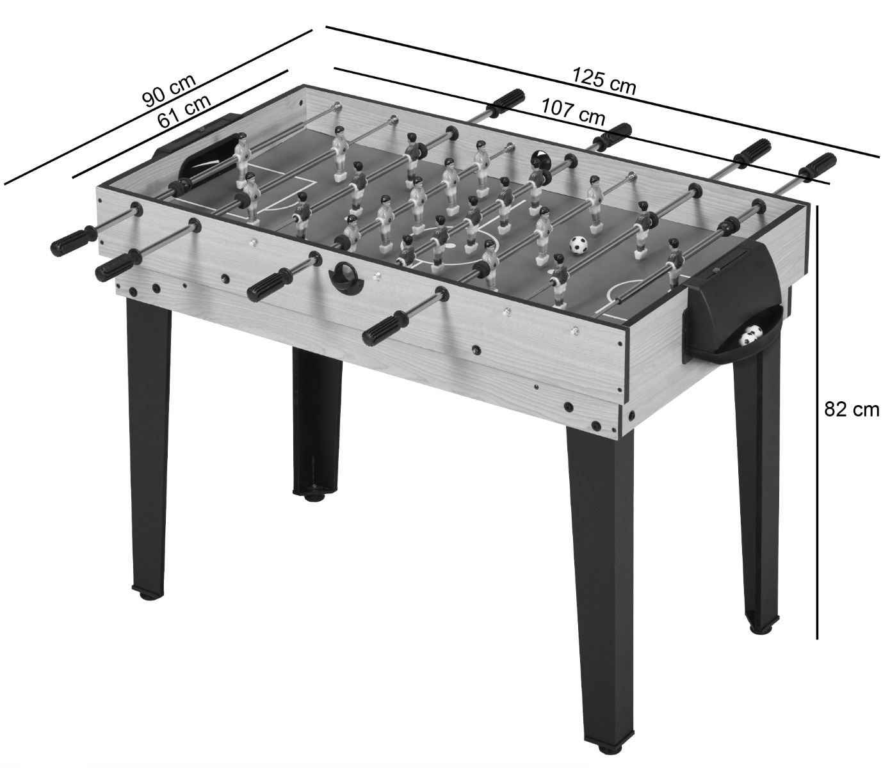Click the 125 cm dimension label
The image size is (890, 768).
pyautogui.click(x=604, y=86)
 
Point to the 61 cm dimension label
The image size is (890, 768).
pyautogui.click(x=184, y=111)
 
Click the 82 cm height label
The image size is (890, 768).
pyautogui.click(x=851, y=410)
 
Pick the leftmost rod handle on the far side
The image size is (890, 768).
pyautogui.click(x=506, y=103)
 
